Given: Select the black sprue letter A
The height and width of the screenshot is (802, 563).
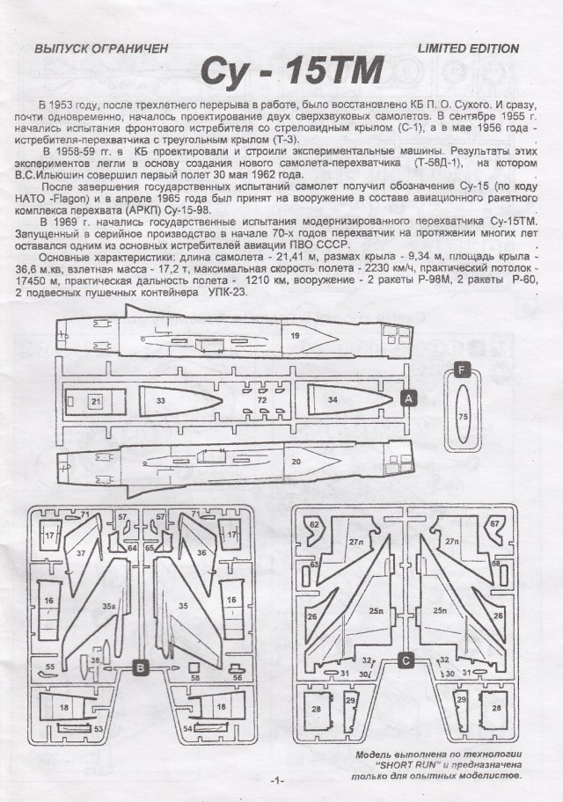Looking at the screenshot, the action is pyautogui.click(x=407, y=398).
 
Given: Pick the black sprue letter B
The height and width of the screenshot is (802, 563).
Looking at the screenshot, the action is pyautogui.click(x=140, y=668).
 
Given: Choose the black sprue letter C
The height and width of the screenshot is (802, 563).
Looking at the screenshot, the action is pyautogui.click(x=406, y=660).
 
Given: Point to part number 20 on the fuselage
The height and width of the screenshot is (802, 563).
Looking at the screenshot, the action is pyautogui.click(x=296, y=461).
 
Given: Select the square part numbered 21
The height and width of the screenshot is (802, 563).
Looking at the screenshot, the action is pyautogui.click(x=96, y=401).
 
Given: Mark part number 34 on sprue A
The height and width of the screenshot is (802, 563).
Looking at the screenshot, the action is pyautogui.click(x=332, y=400).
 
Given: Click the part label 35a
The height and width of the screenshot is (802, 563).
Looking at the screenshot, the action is pyautogui.click(x=107, y=606).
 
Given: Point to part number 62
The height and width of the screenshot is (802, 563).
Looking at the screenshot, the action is pyautogui.click(x=314, y=525).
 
